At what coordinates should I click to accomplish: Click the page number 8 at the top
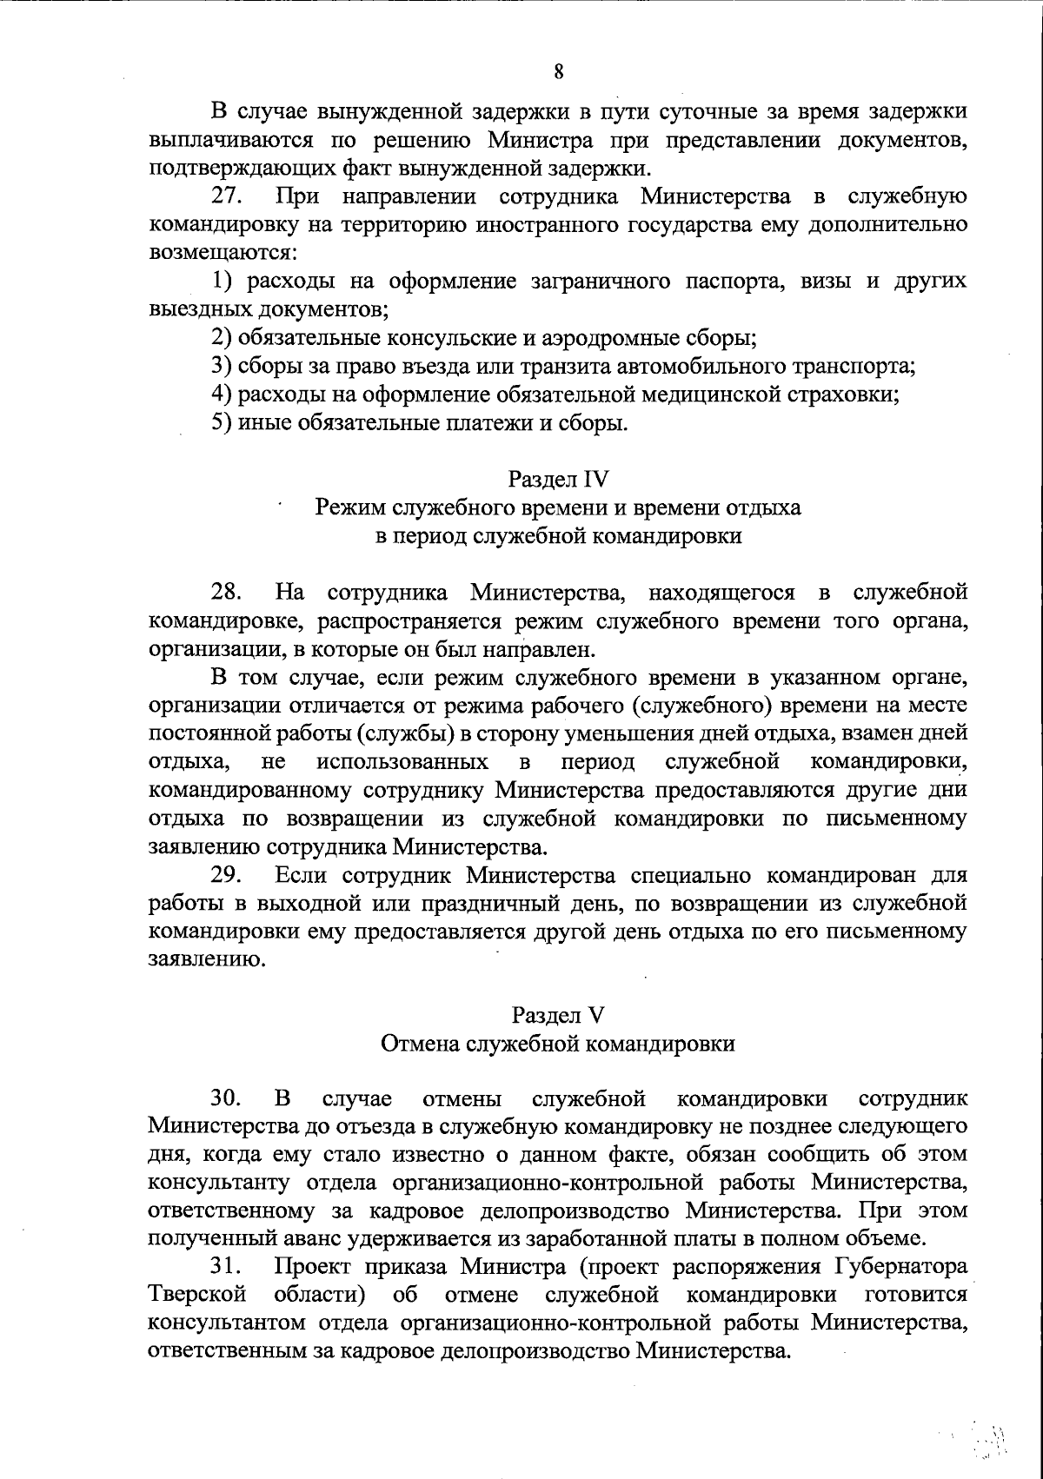coord(559,72)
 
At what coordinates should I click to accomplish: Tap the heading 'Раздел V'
coord(558,1015)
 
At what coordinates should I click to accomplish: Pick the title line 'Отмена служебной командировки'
coord(558,1044)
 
